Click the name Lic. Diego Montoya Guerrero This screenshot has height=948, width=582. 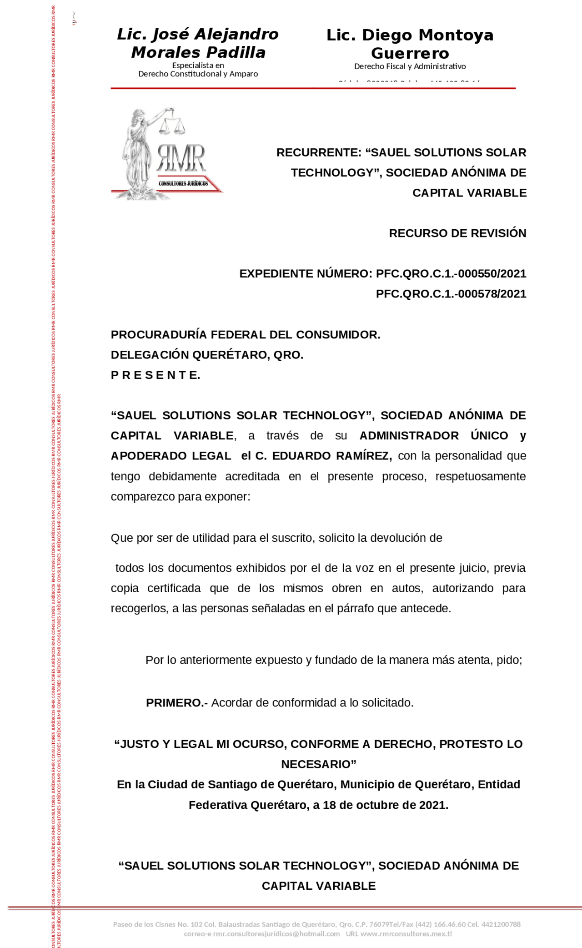coord(410,44)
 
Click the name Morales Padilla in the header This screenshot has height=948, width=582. coord(198,53)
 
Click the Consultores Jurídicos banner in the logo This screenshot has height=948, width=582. coord(183,183)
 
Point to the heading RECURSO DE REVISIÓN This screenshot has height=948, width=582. coord(457,233)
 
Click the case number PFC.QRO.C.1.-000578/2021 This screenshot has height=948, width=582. coord(451,294)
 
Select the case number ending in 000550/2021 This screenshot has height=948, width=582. coord(451,274)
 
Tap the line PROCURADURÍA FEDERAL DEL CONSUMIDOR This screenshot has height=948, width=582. coord(246,335)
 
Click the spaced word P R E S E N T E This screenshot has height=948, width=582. coord(156,375)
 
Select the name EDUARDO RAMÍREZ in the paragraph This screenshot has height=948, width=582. coord(330,456)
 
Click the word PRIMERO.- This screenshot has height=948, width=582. coord(176,703)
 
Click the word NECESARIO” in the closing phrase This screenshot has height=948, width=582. coord(318,764)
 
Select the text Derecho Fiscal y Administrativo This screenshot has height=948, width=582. coord(410,66)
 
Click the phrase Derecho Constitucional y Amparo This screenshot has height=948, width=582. coord(198,74)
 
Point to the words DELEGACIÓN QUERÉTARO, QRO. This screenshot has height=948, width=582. coord(207,355)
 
